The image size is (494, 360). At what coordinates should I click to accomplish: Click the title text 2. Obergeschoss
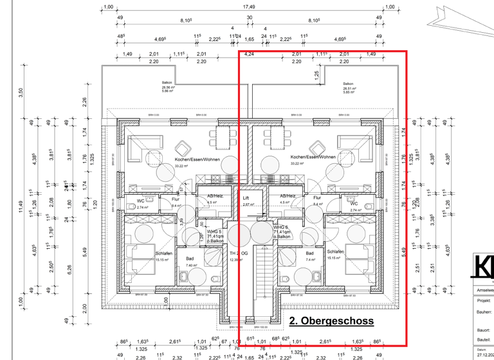tap(331, 320)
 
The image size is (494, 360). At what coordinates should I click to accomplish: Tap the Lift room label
tap(246, 198)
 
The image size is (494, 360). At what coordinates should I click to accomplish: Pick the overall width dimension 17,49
tap(248, 6)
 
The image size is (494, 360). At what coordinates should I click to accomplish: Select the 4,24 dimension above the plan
tap(249, 55)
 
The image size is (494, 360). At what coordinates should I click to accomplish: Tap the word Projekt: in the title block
tap(484, 299)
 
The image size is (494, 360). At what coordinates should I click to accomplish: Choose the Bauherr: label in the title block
tap(484, 311)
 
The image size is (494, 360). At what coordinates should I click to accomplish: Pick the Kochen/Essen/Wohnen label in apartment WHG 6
tap(313, 157)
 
